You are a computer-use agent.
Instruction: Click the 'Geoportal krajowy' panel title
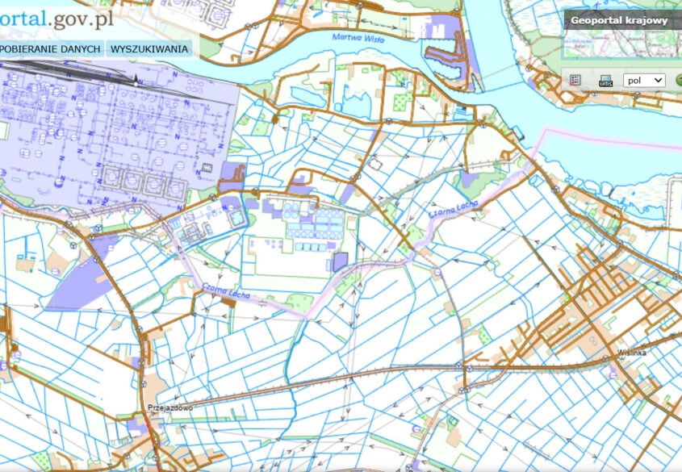(618, 21)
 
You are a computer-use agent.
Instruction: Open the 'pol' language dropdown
(644, 81)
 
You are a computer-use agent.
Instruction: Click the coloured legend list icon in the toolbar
(575, 81)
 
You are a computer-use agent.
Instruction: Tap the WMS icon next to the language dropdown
(605, 81)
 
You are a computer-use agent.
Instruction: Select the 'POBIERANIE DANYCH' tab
(51, 49)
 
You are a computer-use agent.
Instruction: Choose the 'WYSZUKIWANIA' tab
(150, 49)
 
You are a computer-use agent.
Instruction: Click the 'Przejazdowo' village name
(170, 408)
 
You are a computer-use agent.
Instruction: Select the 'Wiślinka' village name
(633, 353)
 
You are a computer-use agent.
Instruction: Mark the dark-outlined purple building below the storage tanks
(341, 260)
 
